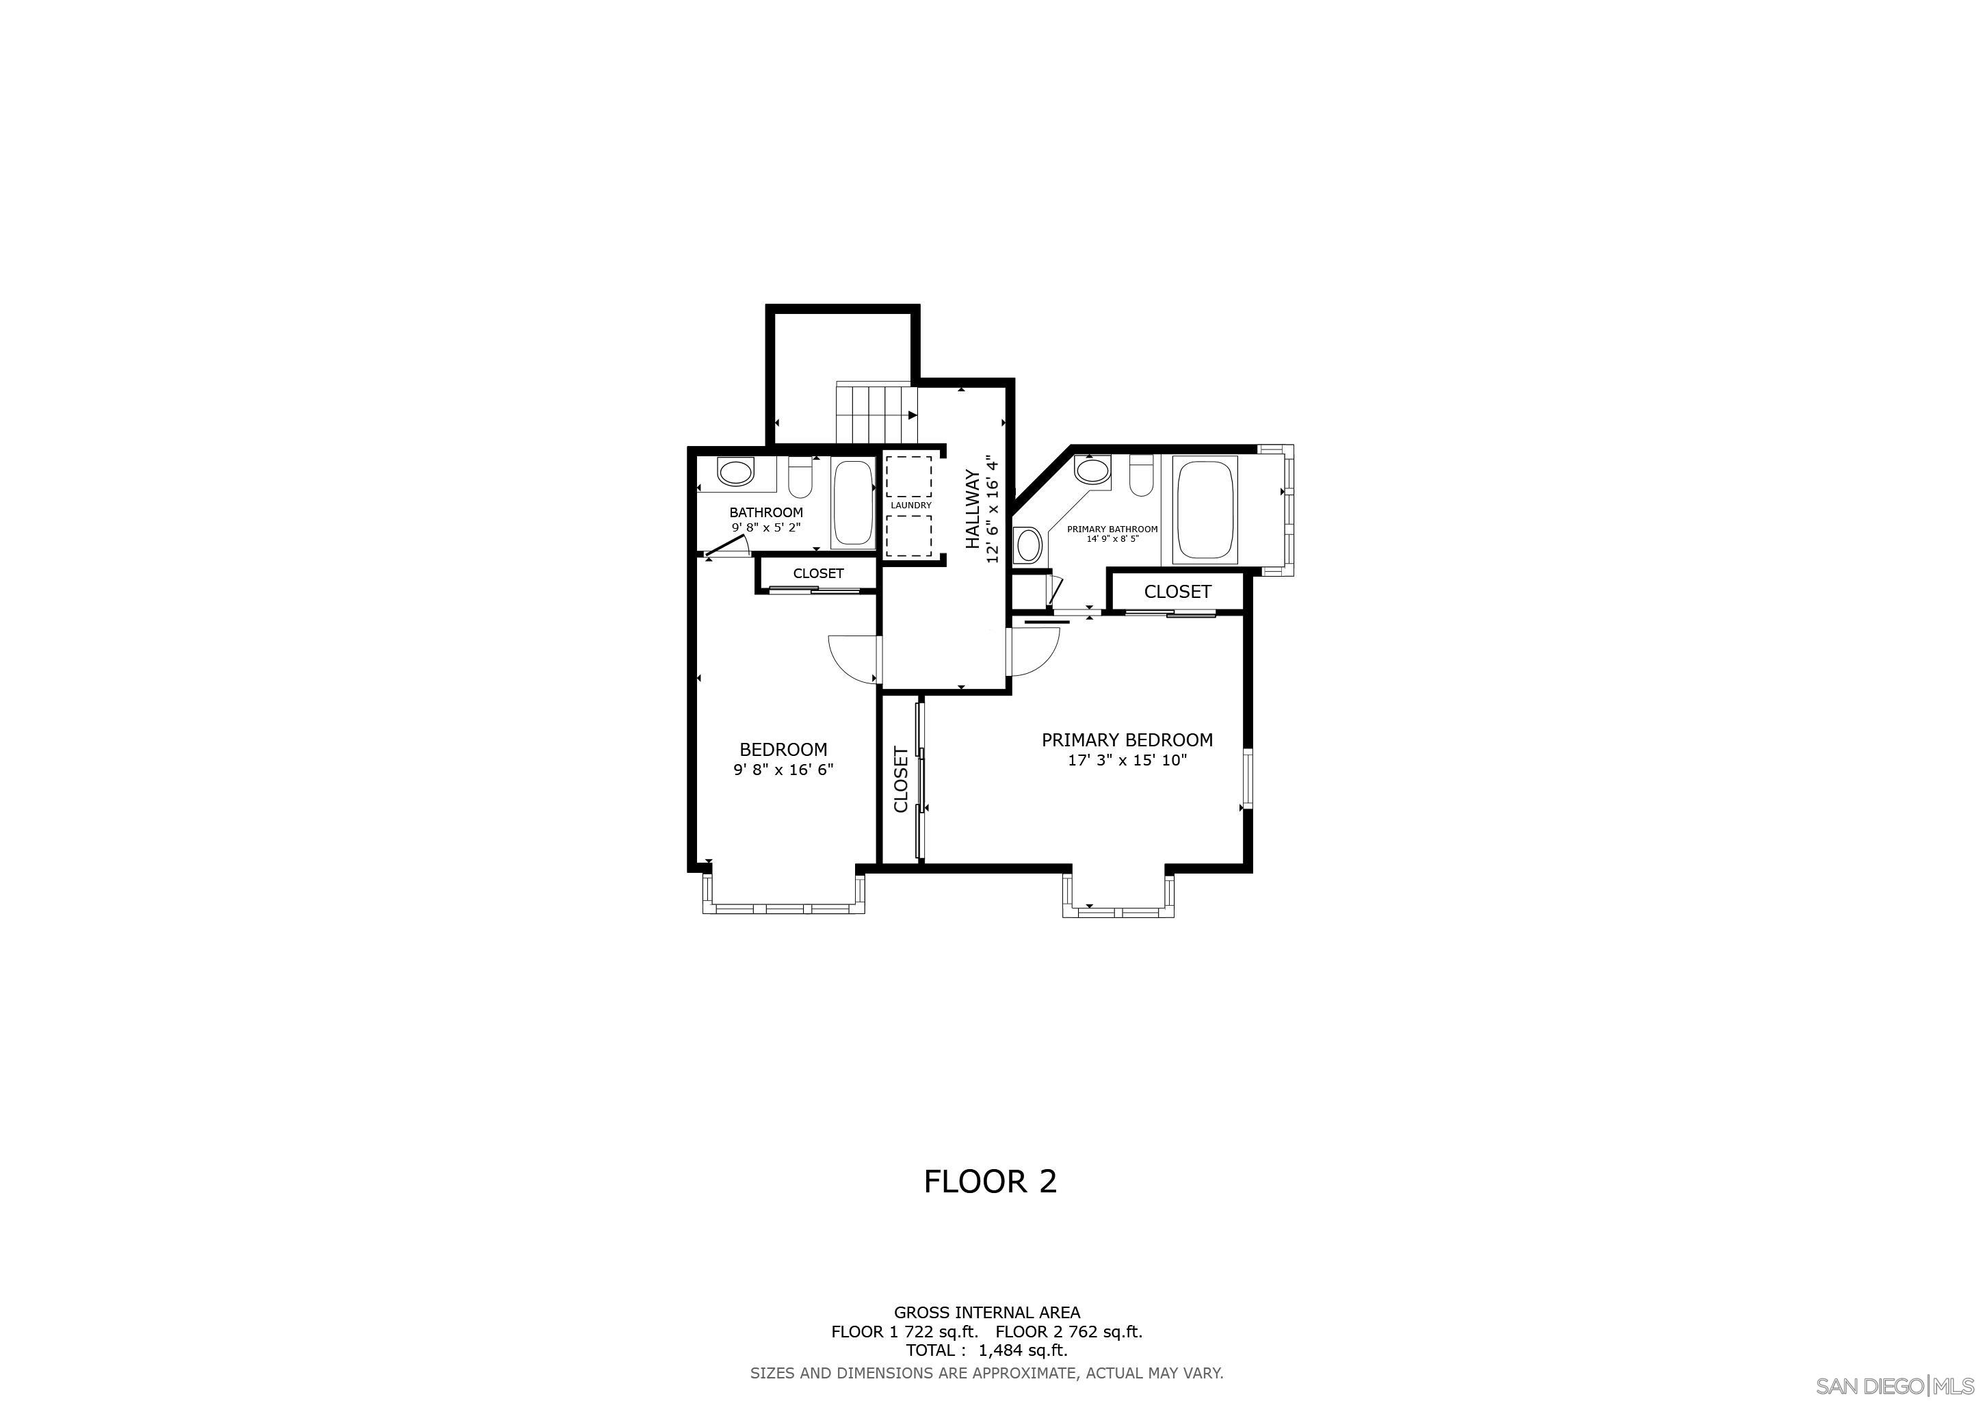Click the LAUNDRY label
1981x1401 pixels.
pos(911,506)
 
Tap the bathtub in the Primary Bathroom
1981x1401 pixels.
pos(1205,510)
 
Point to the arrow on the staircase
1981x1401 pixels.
pos(912,415)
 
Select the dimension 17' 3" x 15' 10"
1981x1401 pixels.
pos(1127,760)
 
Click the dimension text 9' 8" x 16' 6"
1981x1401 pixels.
pos(783,770)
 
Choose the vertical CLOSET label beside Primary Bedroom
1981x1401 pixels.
pos(901,779)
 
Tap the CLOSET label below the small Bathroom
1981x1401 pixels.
pos(818,574)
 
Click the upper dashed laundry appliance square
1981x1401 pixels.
pos(908,475)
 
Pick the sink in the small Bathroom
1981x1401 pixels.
pos(736,473)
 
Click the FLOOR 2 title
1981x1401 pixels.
pos(990,1182)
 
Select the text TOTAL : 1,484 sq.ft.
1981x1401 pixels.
pos(986,1350)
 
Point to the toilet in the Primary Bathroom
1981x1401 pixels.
pos(1140,475)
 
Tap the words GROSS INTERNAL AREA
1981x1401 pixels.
pos(986,1313)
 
